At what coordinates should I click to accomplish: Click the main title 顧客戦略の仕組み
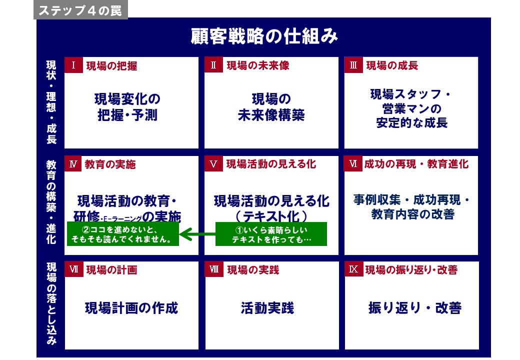264,36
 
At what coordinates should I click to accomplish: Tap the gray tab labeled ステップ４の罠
80,10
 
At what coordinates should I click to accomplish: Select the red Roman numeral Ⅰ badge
73,65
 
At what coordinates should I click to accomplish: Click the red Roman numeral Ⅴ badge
213,164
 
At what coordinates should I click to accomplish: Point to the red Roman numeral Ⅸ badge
353,269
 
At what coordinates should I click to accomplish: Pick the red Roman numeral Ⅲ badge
353,65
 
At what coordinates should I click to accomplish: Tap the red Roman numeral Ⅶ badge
73,269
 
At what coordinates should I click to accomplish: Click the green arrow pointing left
197,234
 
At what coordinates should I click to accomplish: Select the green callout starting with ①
271,234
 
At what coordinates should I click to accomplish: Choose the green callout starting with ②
123,234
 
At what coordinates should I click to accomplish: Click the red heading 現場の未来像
258,65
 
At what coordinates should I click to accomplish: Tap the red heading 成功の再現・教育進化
416,164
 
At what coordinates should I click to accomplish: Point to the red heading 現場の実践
253,270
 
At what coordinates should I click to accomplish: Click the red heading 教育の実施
110,164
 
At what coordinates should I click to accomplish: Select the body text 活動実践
267,308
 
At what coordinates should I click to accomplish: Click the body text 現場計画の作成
131,308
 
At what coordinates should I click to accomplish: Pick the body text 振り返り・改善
415,308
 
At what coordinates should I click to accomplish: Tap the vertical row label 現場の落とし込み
51,303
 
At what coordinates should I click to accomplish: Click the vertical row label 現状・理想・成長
51,102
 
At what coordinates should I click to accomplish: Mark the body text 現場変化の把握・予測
127,106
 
